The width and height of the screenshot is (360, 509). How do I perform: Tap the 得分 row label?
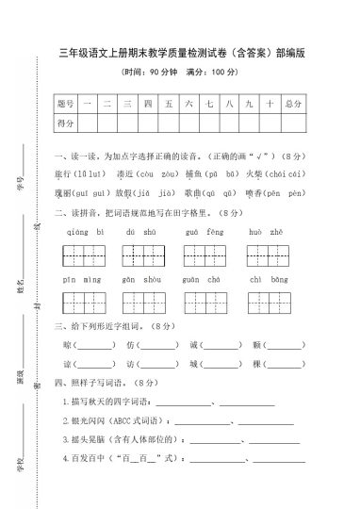(x=65, y=123)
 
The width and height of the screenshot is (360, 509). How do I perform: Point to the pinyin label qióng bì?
(x=77, y=231)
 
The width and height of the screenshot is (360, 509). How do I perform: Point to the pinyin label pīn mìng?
(x=77, y=279)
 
